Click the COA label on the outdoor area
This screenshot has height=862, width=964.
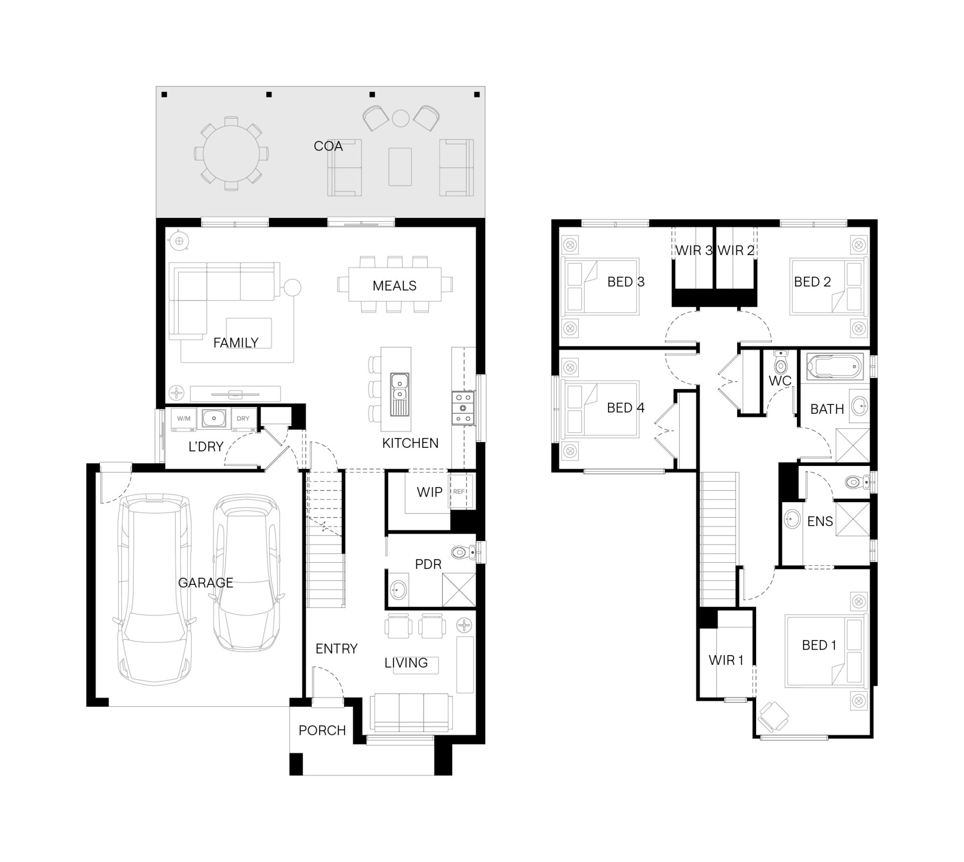click(328, 146)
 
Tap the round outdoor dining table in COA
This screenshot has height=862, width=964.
click(231, 153)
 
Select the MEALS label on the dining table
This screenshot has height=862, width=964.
click(394, 286)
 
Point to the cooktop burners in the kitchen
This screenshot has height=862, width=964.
click(463, 408)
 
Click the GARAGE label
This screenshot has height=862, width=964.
click(205, 583)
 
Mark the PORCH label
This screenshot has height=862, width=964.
click(322, 730)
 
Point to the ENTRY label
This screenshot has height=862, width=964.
click(336, 649)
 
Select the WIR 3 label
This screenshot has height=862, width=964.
click(694, 251)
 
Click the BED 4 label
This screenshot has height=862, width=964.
click(626, 408)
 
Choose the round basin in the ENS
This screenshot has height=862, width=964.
click(792, 519)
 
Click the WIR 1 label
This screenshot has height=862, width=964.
click(726, 660)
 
